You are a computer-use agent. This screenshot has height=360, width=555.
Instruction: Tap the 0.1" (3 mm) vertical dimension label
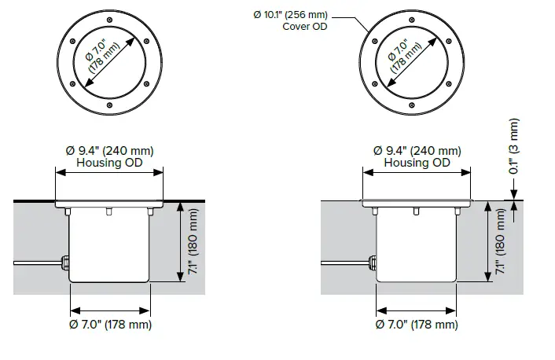tap(514, 146)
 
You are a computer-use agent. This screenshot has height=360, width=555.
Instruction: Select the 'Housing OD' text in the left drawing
tap(109, 163)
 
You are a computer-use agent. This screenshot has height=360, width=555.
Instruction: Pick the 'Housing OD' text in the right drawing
tap(416, 163)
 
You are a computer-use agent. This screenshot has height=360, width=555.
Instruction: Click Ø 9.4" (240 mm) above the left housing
tap(109, 150)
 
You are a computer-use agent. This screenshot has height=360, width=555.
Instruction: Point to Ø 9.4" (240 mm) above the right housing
tap(416, 150)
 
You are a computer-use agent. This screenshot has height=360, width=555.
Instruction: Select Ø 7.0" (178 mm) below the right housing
tap(416, 324)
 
